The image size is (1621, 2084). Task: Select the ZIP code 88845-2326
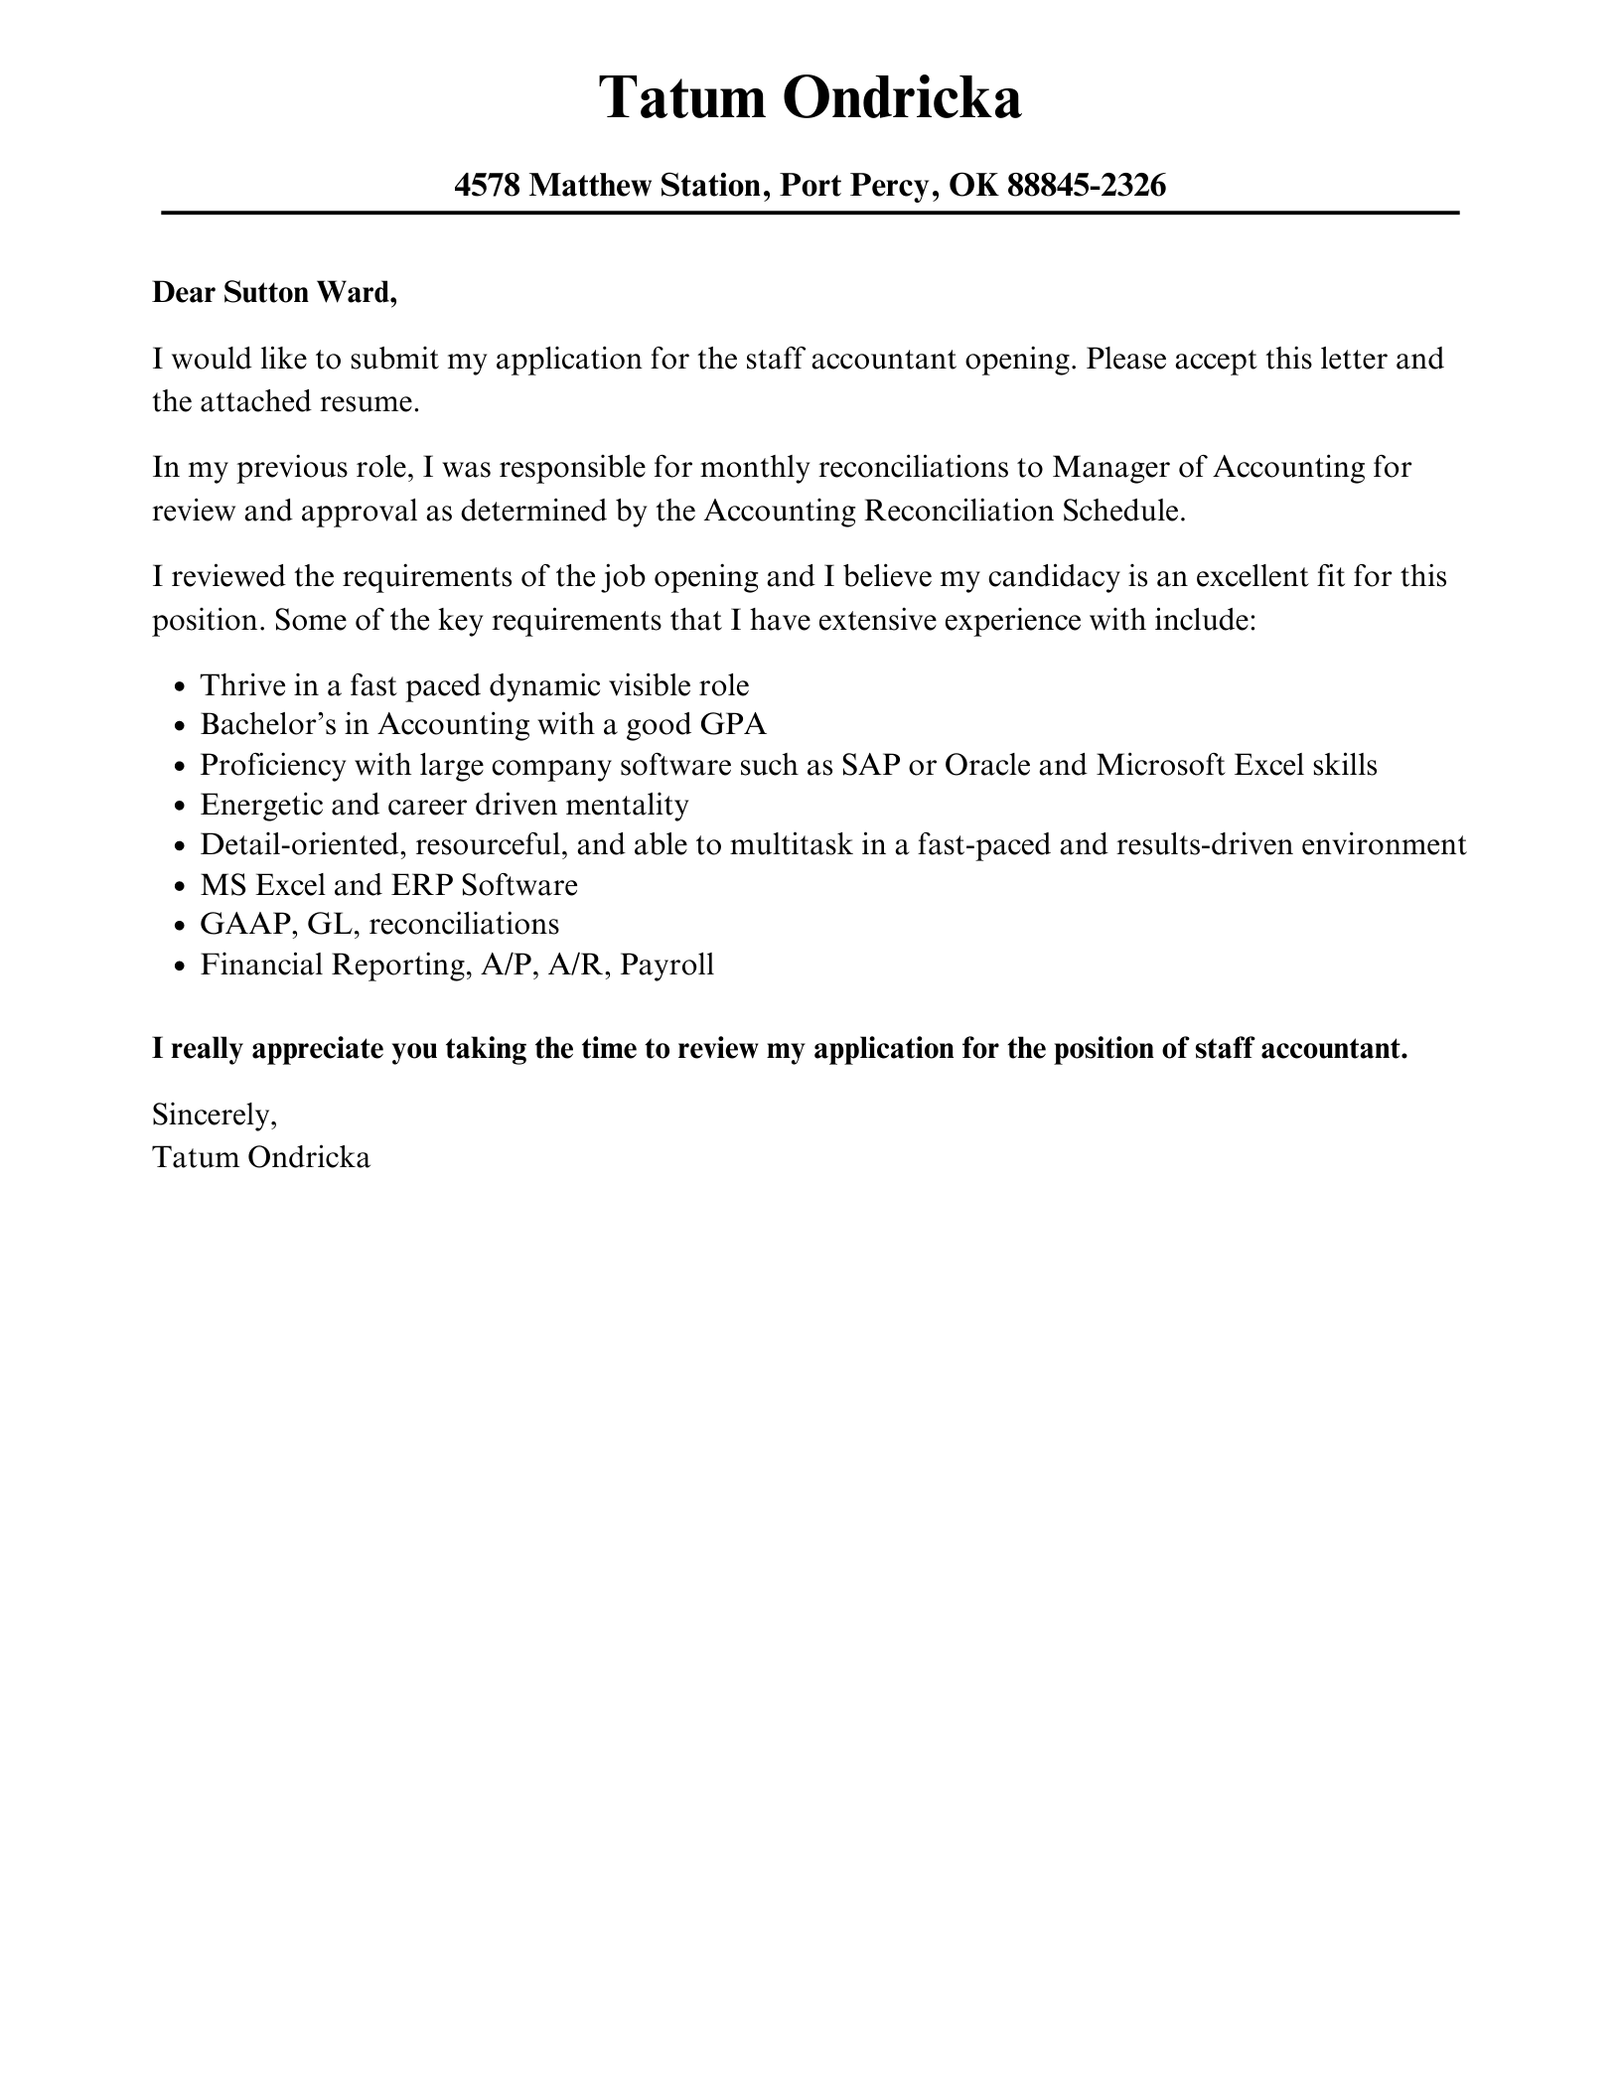tap(1086, 185)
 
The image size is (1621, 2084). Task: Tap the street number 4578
tap(487, 185)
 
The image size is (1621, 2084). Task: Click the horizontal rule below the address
tap(810, 213)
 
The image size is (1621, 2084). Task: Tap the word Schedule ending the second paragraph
tap(1123, 511)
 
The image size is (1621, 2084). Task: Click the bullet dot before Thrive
tap(179, 687)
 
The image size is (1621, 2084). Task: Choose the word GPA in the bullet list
tap(733, 724)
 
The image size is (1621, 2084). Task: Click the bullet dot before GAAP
tap(179, 926)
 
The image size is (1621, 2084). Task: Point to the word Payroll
tap(666, 965)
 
